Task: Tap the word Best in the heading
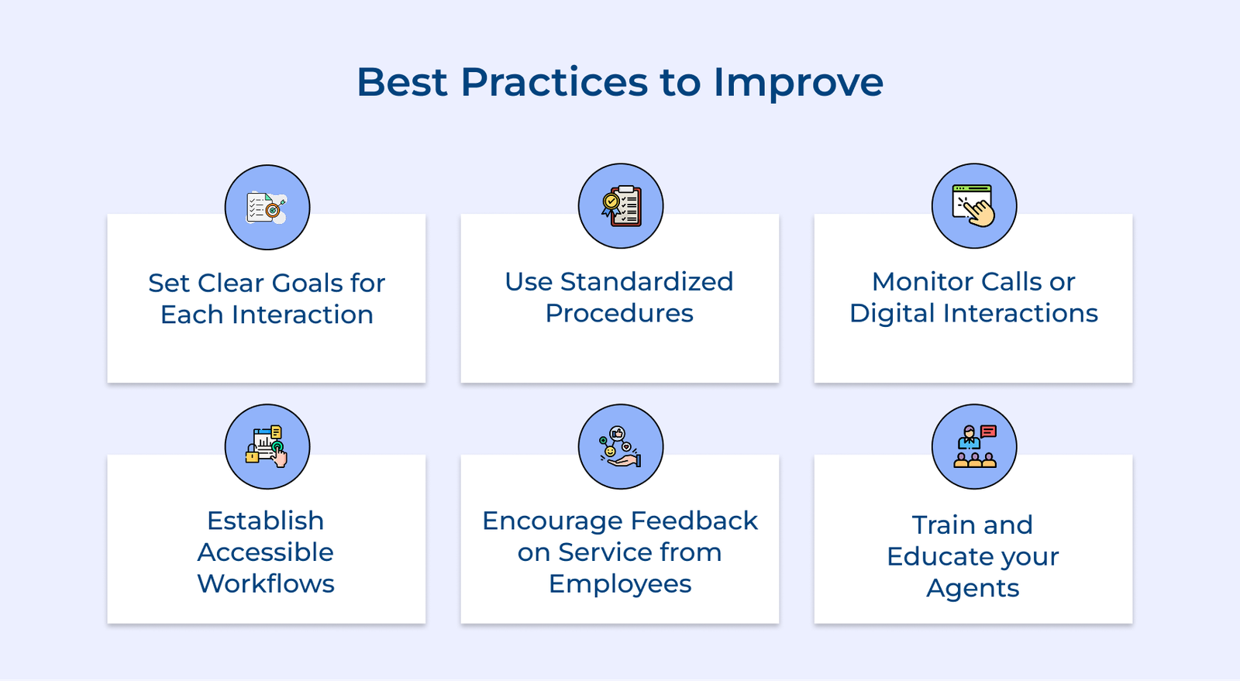(401, 82)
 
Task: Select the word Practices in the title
(554, 82)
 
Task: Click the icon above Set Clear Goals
(267, 208)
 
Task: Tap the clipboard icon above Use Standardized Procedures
(621, 206)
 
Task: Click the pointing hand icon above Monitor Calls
(974, 206)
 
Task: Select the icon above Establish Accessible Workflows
(267, 447)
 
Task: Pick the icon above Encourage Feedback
(621, 447)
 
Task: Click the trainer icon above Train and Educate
(974, 447)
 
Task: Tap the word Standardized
(646, 282)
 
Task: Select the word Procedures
(619, 314)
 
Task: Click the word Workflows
(266, 584)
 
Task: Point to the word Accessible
(266, 552)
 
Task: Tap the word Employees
(620, 584)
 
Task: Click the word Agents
(973, 589)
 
